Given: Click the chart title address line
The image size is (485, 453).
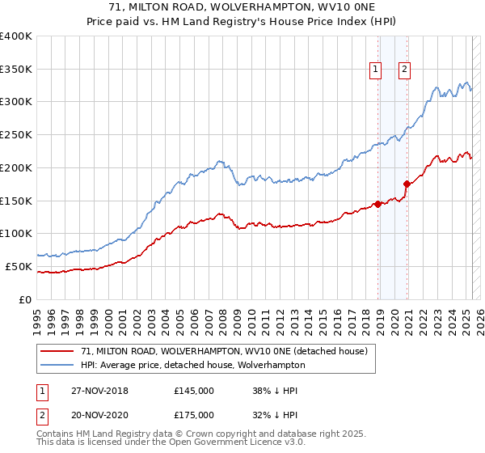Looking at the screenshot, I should click(x=242, y=8).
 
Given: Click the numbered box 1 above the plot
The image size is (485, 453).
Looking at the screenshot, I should click(x=377, y=70).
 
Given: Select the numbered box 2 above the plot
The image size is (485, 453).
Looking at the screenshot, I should click(x=404, y=70).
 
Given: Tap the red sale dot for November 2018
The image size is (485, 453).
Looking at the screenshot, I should click(x=377, y=204).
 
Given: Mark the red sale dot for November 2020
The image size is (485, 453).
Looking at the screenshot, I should click(x=407, y=184).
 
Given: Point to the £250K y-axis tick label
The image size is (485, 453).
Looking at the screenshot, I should click(x=16, y=134).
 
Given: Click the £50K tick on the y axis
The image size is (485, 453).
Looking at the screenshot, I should click(x=19, y=266).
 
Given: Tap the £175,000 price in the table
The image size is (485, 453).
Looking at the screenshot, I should click(x=194, y=415).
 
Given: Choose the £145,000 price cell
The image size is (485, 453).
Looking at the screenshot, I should click(x=194, y=391).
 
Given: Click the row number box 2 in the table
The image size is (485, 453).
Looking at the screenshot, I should click(x=41, y=415).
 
